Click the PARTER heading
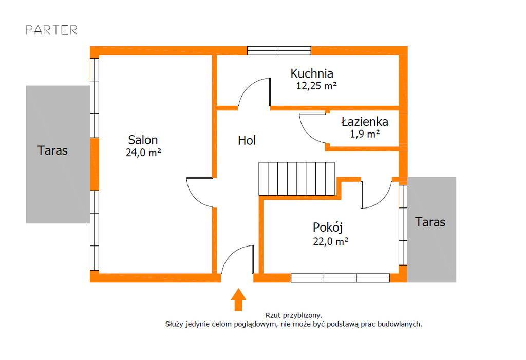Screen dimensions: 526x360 [x=51, y=30]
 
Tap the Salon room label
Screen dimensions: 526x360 [x=143, y=140]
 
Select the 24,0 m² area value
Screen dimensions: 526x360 [x=144, y=153]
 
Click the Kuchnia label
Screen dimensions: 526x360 [x=312, y=73]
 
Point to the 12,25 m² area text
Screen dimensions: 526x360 [x=316, y=86]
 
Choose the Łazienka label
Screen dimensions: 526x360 [x=365, y=121]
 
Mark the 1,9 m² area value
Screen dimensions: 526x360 [x=365, y=134]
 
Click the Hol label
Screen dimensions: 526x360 [x=247, y=140]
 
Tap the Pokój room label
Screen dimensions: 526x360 [x=328, y=228]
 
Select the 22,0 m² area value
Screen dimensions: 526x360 [x=331, y=241]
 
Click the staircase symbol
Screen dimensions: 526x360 [x=296, y=179]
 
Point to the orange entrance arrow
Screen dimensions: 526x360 [x=238, y=299]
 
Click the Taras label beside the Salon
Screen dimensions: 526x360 [x=52, y=150]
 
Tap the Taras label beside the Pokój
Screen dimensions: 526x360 [x=430, y=222]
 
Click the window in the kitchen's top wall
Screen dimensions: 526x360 [x=279, y=51]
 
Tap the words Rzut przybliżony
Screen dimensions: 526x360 [x=294, y=315]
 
